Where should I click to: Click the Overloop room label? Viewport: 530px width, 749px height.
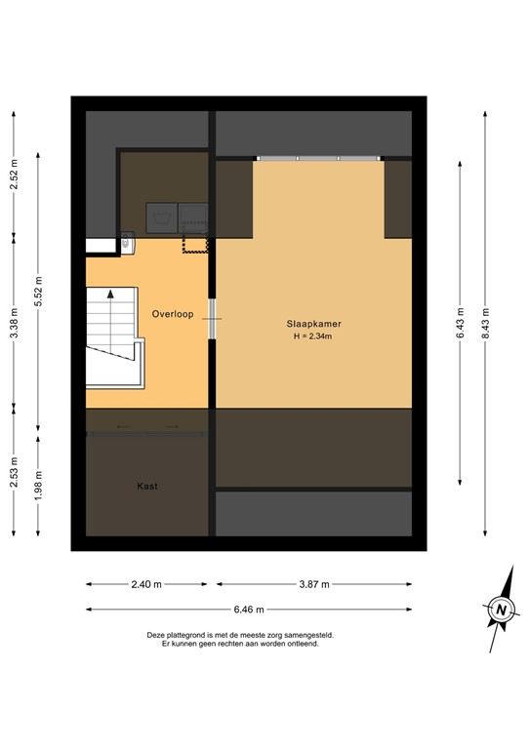pyautogui.click(x=173, y=314)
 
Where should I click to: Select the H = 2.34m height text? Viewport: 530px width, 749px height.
pyautogui.click(x=312, y=336)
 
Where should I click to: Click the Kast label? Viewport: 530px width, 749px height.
pyautogui.click(x=147, y=486)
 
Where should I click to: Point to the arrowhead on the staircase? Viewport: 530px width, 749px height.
pyautogui.click(x=111, y=293)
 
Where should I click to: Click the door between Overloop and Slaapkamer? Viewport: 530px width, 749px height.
pyautogui.click(x=212, y=319)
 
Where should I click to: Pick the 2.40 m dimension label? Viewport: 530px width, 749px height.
pyautogui.click(x=145, y=584)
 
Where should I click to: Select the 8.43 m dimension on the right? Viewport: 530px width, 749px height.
pyautogui.click(x=486, y=322)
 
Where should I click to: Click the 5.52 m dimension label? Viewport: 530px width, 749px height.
pyautogui.click(x=38, y=293)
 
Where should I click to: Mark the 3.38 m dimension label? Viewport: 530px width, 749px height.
pyautogui.click(x=14, y=323)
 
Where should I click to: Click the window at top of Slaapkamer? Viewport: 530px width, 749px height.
pyautogui.click(x=318, y=158)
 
